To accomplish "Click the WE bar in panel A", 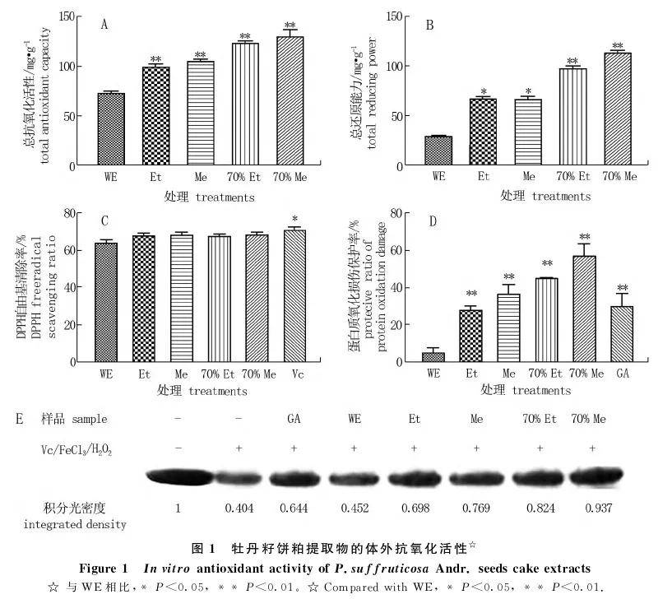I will [110, 129].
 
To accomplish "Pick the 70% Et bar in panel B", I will [572, 117].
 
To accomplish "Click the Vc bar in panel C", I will [294, 295].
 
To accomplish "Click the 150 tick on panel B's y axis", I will [393, 16].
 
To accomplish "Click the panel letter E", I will [19, 418].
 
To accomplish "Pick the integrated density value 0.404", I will [239, 508].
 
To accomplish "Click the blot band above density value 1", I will [178, 477].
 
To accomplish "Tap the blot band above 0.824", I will [540, 477].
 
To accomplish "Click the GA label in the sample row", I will [294, 419].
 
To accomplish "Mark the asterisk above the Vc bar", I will [294, 219].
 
